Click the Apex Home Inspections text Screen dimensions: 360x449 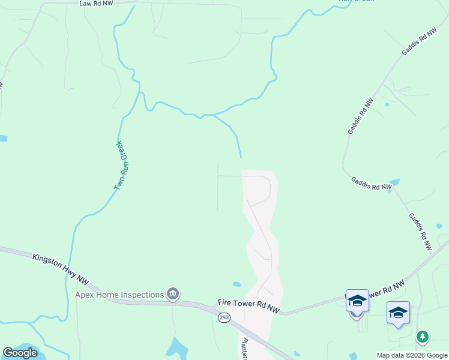click(x=119, y=295)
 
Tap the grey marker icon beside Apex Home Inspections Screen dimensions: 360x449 click(x=173, y=293)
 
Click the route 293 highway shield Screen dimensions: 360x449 click(x=223, y=317)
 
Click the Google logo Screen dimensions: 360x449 click(x=20, y=353)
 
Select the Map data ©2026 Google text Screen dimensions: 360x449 click(x=412, y=355)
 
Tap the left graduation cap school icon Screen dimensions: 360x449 click(x=357, y=300)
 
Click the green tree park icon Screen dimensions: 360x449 click(x=423, y=337)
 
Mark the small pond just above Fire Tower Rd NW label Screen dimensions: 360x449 click(x=237, y=284)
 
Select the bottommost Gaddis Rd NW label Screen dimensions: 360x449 click(x=420, y=232)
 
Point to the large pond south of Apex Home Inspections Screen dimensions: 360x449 click(x=178, y=347)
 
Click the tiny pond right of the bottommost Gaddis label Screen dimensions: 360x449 click(x=439, y=226)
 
